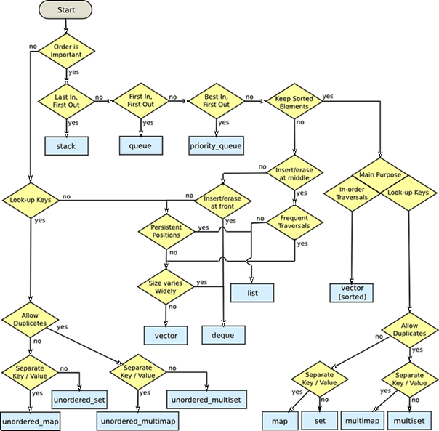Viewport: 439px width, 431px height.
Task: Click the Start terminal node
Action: (x=65, y=9)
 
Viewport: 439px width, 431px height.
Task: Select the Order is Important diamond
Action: (x=66, y=51)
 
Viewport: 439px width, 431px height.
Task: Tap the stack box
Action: (x=67, y=146)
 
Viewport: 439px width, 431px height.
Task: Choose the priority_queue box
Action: (x=216, y=145)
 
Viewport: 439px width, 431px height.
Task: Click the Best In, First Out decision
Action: (x=217, y=101)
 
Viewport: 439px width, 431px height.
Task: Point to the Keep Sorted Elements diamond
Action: (x=294, y=101)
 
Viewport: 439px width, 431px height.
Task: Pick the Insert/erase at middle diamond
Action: (x=294, y=173)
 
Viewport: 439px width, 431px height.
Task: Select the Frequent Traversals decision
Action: (x=294, y=222)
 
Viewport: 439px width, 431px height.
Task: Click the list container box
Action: (x=252, y=293)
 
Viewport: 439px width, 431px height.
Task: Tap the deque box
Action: (x=223, y=335)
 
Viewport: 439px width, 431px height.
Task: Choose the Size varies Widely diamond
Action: (x=166, y=287)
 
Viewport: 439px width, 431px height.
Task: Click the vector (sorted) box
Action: (x=351, y=293)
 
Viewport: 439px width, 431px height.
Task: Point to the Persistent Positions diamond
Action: (x=166, y=232)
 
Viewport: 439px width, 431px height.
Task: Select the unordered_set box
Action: (x=79, y=400)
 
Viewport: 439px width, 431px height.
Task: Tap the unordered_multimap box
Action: (x=138, y=421)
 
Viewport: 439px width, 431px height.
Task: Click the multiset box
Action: (x=409, y=421)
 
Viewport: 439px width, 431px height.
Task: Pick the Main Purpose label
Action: (x=380, y=174)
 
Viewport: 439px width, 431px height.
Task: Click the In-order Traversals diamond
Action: (x=352, y=193)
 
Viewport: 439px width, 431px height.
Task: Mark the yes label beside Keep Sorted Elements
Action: (x=328, y=96)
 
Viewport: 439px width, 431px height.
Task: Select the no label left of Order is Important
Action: (x=33, y=47)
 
